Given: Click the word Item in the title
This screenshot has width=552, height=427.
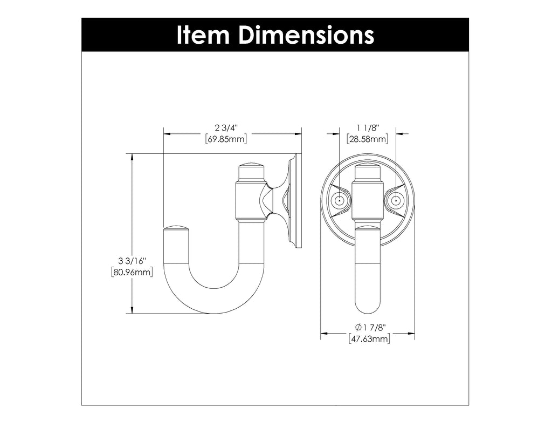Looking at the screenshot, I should coord(203,35).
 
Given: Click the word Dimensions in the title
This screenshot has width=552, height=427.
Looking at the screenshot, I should coord(306,35).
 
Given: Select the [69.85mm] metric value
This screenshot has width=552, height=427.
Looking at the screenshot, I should coord(226,139).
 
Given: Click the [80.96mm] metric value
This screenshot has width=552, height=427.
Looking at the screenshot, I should coord(132,273).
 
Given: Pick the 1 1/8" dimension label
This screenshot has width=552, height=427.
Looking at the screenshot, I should coord(368,128).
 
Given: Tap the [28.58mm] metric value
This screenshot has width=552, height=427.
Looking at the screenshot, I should coord(368,139).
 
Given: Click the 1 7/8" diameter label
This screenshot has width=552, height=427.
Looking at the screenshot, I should coord(374,327).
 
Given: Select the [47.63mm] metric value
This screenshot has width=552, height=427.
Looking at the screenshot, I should coord(369,338).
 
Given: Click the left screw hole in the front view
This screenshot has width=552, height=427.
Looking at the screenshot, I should coord(339,201).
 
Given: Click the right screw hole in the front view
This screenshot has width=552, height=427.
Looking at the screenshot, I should coord(396,201).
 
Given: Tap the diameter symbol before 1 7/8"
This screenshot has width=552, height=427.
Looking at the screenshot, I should coord(358,327).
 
